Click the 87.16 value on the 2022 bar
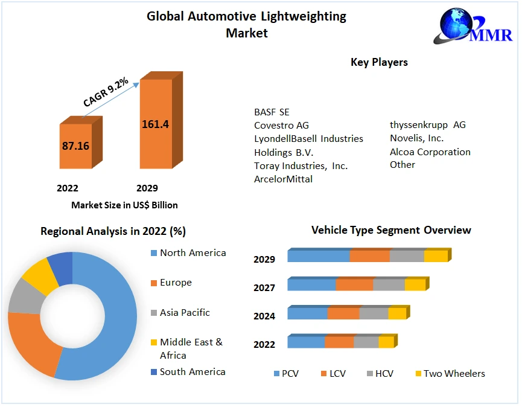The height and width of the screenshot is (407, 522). [x=75, y=146]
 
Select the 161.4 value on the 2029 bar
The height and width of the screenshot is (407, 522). [x=155, y=124]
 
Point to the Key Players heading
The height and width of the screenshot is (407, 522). [x=379, y=62]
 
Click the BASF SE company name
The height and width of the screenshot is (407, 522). [x=272, y=112]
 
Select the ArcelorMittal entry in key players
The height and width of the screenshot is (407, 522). [x=284, y=179]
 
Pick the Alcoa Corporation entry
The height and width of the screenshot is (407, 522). [x=430, y=152]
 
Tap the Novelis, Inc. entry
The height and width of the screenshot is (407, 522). [x=417, y=138]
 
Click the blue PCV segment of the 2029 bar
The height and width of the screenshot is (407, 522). [x=319, y=256]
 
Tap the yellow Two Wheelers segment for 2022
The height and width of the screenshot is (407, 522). [x=386, y=342]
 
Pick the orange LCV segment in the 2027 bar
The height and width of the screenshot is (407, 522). [x=354, y=284]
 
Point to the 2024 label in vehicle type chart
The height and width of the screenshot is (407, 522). [x=264, y=316]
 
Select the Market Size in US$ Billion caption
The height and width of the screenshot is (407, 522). [x=124, y=205]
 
